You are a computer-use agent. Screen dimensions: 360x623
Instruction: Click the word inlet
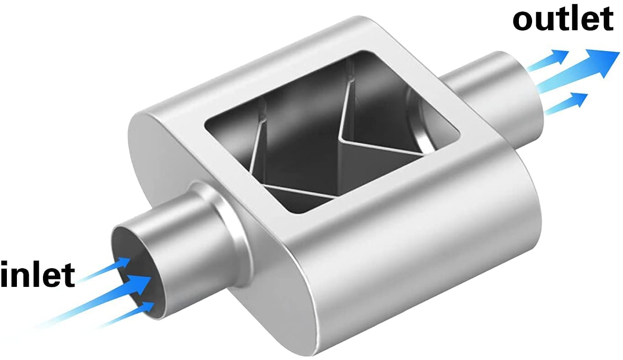coord(37,274)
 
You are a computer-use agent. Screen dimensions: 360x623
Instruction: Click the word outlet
coord(563,19)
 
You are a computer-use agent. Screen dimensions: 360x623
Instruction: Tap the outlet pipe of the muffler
coord(493,91)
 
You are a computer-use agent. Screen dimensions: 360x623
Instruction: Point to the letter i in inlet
coord(5,274)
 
